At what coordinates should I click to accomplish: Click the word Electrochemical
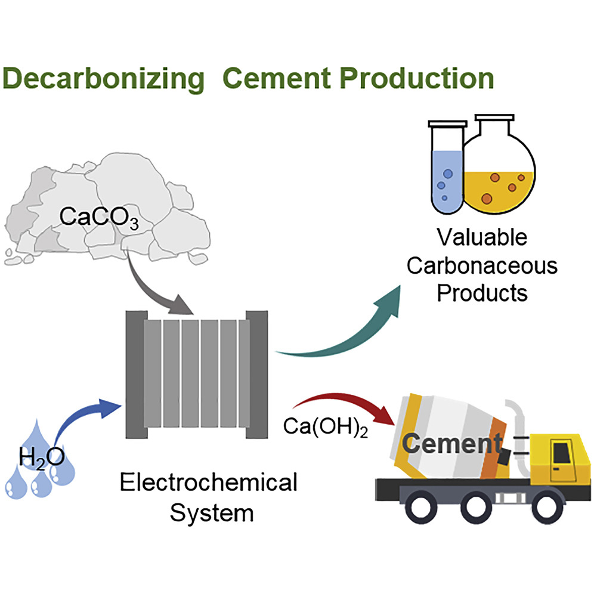[x=208, y=482]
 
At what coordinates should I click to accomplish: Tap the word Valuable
[x=482, y=238]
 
